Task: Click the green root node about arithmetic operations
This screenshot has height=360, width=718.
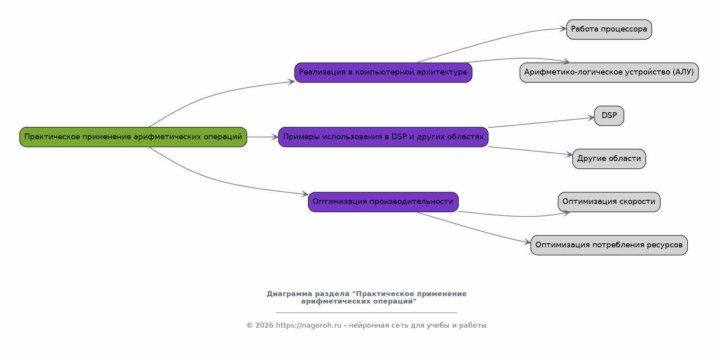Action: click(133, 137)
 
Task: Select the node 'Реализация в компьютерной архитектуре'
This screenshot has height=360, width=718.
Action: click(383, 72)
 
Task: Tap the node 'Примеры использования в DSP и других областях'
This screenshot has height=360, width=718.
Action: click(383, 137)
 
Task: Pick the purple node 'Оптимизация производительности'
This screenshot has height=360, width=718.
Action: click(383, 202)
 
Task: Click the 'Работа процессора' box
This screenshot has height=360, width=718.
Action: click(609, 29)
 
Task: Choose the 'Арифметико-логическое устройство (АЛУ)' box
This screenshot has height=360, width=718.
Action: click(609, 72)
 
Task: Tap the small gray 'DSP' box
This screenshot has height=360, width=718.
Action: click(609, 115)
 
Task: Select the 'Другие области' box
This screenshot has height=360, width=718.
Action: click(609, 158)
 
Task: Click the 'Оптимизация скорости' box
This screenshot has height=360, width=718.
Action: click(609, 202)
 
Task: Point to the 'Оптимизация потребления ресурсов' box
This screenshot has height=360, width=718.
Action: click(609, 245)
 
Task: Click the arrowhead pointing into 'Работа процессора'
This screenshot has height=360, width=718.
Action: click(563, 29)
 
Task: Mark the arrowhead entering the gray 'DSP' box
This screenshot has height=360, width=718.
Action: click(591, 118)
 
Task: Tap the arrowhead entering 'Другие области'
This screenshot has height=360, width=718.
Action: click(569, 154)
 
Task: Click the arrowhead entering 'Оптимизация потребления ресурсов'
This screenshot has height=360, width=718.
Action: click(528, 243)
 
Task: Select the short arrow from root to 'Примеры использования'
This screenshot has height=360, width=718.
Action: click(263, 137)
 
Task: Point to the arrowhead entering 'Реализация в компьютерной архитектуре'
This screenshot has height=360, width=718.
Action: click(292, 82)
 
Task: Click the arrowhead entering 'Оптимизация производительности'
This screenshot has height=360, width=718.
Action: click(305, 194)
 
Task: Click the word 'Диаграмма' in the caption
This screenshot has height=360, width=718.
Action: click(289, 294)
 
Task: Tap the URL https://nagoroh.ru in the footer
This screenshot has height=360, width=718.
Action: click(308, 326)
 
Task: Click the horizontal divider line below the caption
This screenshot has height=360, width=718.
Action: click(366, 312)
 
